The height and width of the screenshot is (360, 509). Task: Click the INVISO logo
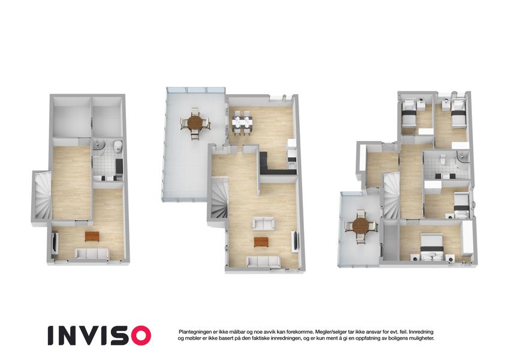tap(100, 335)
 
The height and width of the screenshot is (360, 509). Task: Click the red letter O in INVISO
tap(141, 335)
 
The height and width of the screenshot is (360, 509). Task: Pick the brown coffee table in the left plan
tap(92, 236)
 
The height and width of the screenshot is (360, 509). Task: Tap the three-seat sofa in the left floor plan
tap(92, 253)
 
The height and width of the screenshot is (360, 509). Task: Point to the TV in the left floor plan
tap(55, 242)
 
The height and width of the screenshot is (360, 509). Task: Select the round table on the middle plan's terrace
tap(195, 123)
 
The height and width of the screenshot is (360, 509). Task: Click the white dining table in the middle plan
tap(242, 123)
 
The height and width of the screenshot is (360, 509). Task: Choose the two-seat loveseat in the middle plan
tap(264, 224)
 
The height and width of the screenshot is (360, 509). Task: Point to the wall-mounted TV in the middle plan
tap(296, 241)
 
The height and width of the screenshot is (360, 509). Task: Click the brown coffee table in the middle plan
tap(261, 242)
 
